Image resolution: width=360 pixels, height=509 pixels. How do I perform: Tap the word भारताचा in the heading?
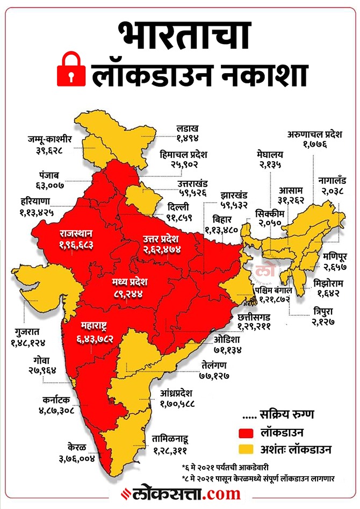[x=179, y=33]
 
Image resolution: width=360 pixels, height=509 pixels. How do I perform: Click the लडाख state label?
[x=188, y=129]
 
